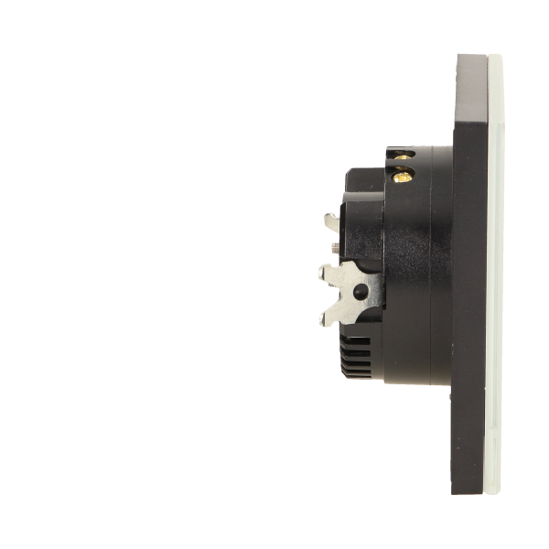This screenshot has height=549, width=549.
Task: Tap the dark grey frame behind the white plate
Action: (476, 274)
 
